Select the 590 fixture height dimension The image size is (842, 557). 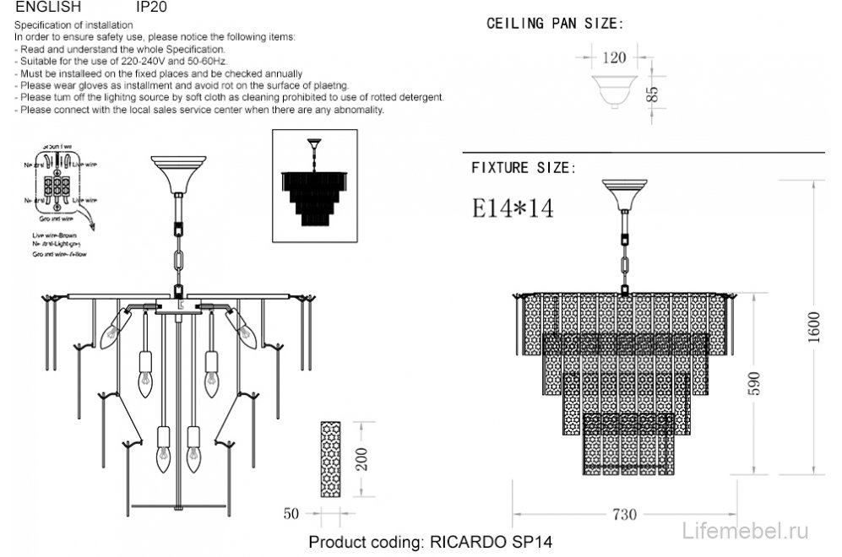(x=754, y=383)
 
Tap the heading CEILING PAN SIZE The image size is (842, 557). (x=555, y=23)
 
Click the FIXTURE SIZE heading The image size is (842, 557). (x=524, y=168)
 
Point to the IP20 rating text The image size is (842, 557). (x=152, y=6)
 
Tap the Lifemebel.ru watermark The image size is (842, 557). (x=745, y=530)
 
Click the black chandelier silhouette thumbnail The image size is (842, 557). (x=315, y=186)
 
